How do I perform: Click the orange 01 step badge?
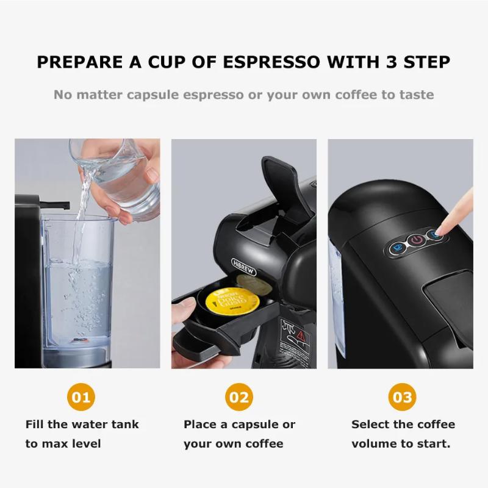coord(81,398)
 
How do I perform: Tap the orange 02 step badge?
coord(239,398)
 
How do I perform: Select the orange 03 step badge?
coord(403,398)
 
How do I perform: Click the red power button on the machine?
coord(416,240)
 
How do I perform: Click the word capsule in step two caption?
coord(254,425)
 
